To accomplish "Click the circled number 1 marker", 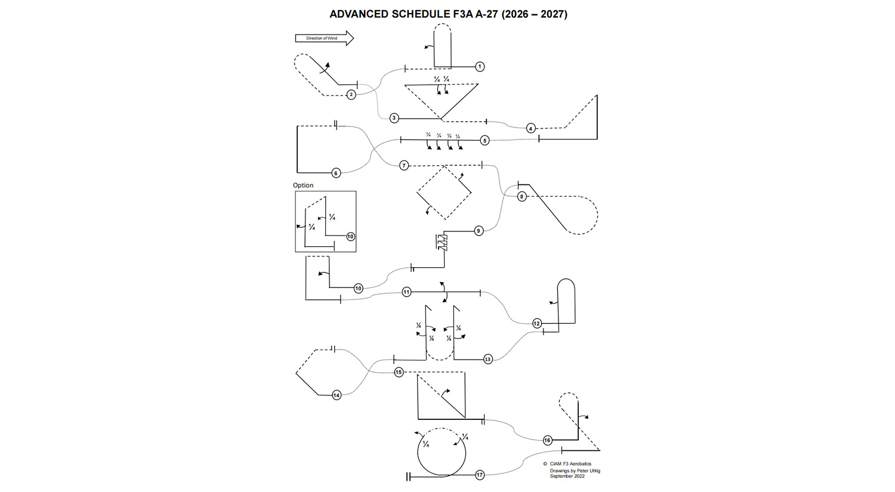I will coord(480,67).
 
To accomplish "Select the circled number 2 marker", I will coord(351,94).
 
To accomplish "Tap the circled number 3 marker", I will coord(394,118).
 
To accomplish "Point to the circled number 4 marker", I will coord(531,128).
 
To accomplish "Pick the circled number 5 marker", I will coord(484,140).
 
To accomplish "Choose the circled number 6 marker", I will coord(336,173).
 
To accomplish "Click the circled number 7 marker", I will coord(404,165).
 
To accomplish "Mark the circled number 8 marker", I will coord(521,196).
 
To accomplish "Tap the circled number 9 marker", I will coord(478,231).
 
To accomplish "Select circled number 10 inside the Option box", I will coord(350,237).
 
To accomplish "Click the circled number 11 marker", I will coord(406,292).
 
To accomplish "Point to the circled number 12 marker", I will coord(536,323).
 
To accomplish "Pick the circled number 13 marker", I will coord(487,359).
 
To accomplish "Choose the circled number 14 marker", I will coord(337,395).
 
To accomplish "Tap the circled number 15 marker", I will coord(399,372).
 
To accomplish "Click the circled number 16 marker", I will coord(547,440).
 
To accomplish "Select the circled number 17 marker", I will coord(480,475).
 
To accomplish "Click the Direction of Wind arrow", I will coord(324,38).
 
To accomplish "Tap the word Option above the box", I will coord(303,185).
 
